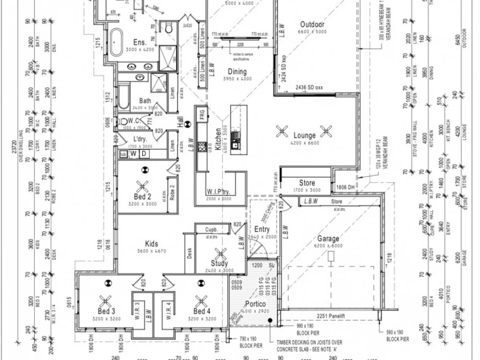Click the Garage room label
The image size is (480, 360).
[328, 239]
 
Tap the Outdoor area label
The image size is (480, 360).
[312, 24]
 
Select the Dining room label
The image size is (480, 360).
[237, 72]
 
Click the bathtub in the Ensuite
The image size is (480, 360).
[116, 42]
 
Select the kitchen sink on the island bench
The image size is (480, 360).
[235, 137]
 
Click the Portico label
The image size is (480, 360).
[255, 304]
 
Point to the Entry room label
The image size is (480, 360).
[262, 229]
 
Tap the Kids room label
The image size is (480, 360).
[151, 244]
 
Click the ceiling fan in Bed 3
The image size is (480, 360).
[106, 300]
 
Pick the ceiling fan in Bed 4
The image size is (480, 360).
[202, 300]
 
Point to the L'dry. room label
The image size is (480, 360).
[141, 140]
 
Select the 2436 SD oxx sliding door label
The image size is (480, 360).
[309, 88]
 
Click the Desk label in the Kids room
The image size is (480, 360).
[190, 254]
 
